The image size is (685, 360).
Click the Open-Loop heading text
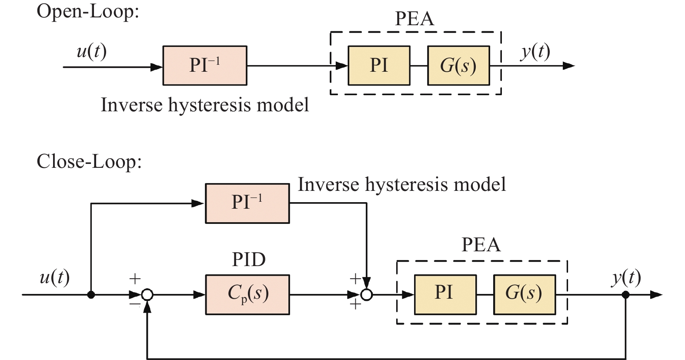pyautogui.click(x=87, y=11)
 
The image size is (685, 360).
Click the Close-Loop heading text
pyautogui.click(x=89, y=162)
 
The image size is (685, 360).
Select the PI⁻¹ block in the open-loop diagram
pyautogui.click(x=205, y=66)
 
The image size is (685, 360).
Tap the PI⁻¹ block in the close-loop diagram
pyautogui.click(x=247, y=203)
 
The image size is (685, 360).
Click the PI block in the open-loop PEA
pyautogui.click(x=379, y=66)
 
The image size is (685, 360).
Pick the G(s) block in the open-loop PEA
pyautogui.click(x=458, y=66)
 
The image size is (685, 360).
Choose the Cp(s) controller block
pyautogui.click(x=247, y=294)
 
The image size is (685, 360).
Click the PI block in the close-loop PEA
pyautogui.click(x=445, y=294)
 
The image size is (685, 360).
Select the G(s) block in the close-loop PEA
pyautogui.click(x=524, y=294)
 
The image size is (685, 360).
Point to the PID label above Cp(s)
pyautogui.click(x=248, y=260)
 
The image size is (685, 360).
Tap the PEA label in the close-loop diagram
pyautogui.click(x=481, y=245)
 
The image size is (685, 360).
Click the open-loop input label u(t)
pyautogui.click(x=91, y=52)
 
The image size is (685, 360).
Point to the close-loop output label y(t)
pyautogui.click(x=626, y=277)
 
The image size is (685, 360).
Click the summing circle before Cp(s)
pyautogui.click(x=147, y=295)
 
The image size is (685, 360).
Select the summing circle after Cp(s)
pyautogui.click(x=367, y=295)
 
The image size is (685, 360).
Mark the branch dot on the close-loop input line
pyautogui.click(x=91, y=295)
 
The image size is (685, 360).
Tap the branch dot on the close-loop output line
pyautogui.click(x=625, y=295)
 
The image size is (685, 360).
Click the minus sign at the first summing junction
pyautogui.click(x=134, y=304)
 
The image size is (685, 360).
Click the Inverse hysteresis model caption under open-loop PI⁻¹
pyautogui.click(x=205, y=105)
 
